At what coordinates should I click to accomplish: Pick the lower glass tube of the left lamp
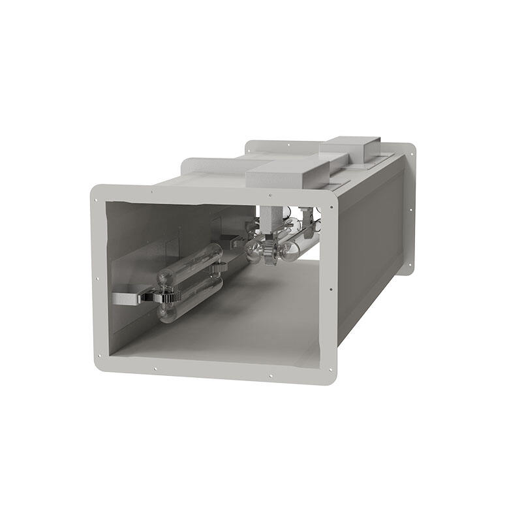[x=189, y=299]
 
